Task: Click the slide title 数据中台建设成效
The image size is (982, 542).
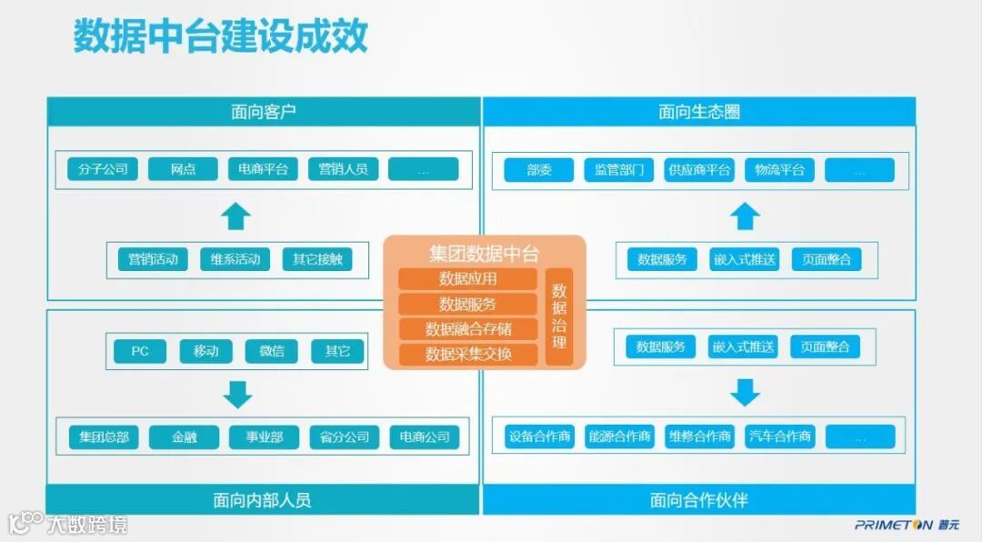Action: [x=220, y=36]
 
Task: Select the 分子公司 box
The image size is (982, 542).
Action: [x=103, y=169]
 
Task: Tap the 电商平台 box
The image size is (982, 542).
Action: [x=263, y=169]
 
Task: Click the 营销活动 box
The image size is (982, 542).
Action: [x=153, y=259]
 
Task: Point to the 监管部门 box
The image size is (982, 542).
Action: [x=619, y=170]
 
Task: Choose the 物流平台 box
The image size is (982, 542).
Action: [x=779, y=170]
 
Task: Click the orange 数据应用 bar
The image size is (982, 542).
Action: [x=467, y=279]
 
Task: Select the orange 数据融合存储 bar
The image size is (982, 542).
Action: [x=467, y=328]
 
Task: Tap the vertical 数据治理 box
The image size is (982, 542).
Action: [x=559, y=316]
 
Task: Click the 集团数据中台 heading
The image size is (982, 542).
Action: [x=484, y=253]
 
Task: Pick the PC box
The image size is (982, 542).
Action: [x=140, y=351]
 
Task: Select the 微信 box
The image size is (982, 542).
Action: [x=271, y=351]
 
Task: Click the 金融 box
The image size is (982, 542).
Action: [x=184, y=437]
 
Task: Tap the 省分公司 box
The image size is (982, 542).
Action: [x=344, y=437]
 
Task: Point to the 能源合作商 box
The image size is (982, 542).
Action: [x=619, y=437]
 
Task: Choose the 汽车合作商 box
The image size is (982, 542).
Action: [x=779, y=437]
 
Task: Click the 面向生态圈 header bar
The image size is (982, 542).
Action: [x=698, y=112]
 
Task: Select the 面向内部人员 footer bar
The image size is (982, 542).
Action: [x=263, y=499]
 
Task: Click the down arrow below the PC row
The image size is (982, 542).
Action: [x=238, y=394]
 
